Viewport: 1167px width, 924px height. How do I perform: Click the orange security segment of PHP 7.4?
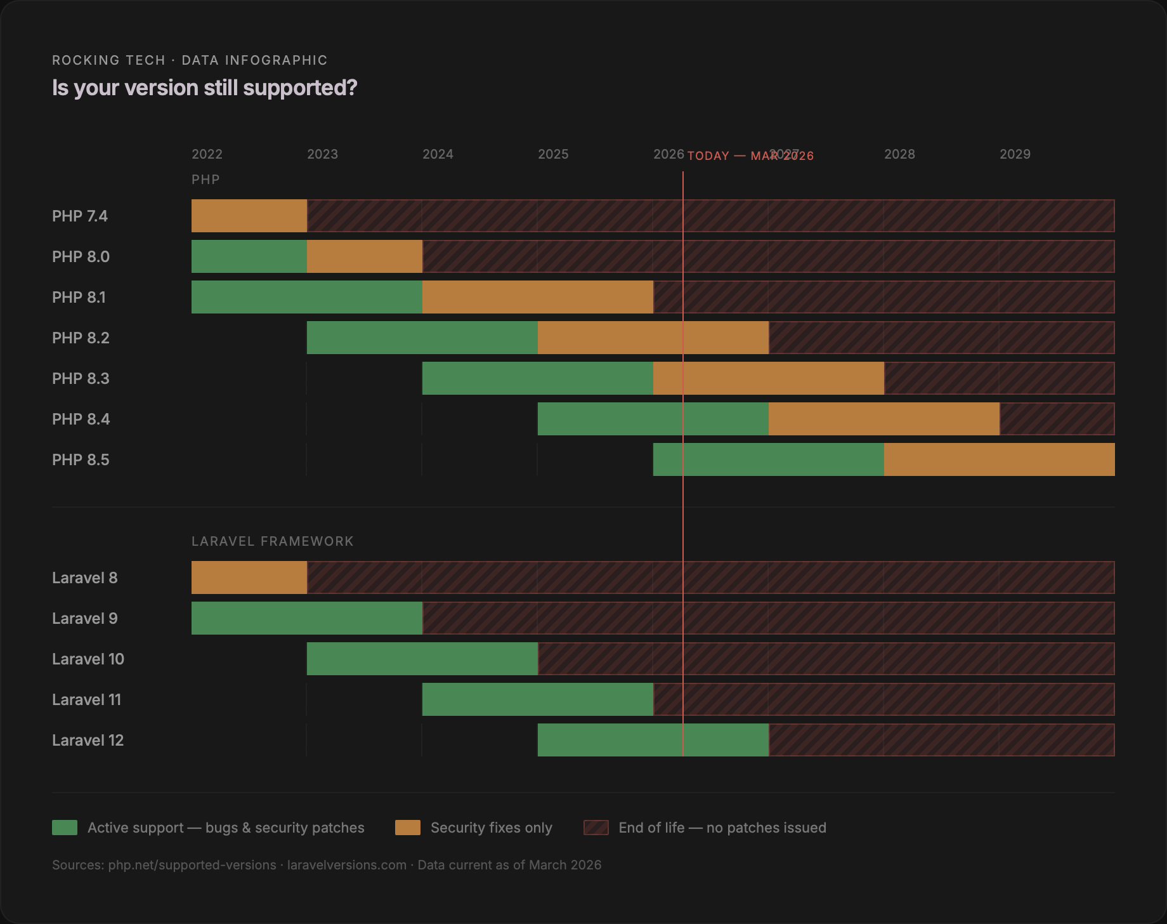coord(249,216)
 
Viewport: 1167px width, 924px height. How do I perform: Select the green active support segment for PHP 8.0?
coord(249,256)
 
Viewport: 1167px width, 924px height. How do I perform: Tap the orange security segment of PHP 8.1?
coord(538,297)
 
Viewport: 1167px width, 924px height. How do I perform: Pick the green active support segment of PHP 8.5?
coord(769,459)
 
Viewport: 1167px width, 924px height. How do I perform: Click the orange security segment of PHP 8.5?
coord(1000,459)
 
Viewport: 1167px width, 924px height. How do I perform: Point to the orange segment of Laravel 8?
coord(249,577)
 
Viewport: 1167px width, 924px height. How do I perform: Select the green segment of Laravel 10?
coord(422,659)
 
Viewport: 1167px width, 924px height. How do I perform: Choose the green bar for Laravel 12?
coord(653,740)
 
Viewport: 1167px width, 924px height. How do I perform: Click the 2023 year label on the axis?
coord(322,154)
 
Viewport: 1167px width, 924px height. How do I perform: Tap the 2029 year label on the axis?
coord(1015,154)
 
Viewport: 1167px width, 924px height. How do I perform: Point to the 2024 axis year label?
coord(438,154)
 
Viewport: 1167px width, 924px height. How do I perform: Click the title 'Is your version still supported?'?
coord(204,88)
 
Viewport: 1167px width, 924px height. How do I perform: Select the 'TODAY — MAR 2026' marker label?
coord(750,156)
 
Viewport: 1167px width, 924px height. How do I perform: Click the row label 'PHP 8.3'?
coord(81,379)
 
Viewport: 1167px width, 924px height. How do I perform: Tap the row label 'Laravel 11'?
coord(86,700)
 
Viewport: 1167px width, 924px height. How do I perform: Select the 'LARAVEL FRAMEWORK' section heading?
coord(273,541)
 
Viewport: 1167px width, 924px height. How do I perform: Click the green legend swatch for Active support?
coord(65,828)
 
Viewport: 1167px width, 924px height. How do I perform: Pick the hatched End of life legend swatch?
coord(596,828)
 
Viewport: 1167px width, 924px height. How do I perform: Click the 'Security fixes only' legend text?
coord(491,828)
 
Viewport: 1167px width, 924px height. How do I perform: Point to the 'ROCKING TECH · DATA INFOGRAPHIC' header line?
coord(190,60)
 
